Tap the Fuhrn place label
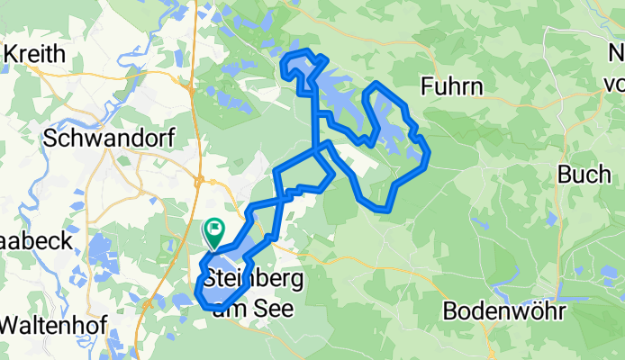pyautogui.click(x=453, y=86)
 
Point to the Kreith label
pyautogui.click(x=35, y=54)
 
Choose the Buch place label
pyautogui.click(x=584, y=174)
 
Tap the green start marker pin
pyautogui.click(x=214, y=231)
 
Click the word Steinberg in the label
pyautogui.click(x=254, y=280)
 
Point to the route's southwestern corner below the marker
pyautogui.click(x=199, y=297)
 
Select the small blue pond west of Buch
pyautogui.click(x=550, y=219)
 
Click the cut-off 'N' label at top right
pyautogui.click(x=615, y=54)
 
